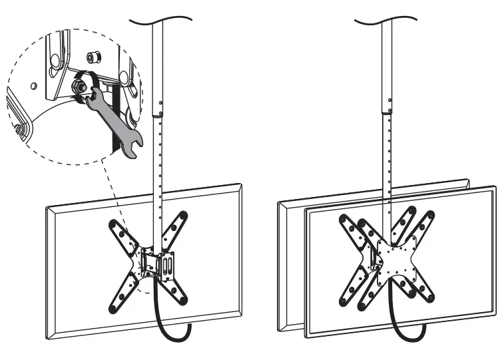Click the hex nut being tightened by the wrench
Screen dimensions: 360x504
(x=79, y=85)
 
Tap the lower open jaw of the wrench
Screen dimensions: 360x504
(x=130, y=150)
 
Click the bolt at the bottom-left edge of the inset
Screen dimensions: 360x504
(x=20, y=128)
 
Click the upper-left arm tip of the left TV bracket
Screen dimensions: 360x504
(x=115, y=225)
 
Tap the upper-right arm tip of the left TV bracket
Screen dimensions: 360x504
(x=183, y=216)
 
